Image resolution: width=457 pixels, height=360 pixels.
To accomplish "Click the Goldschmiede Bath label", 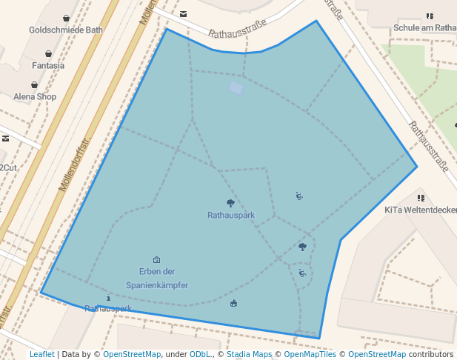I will click(65, 30).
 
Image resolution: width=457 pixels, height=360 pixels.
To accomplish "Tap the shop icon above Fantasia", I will click(48, 53).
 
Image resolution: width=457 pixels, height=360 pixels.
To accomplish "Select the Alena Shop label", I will click(35, 96).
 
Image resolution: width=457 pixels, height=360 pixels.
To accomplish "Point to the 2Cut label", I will click(7, 167).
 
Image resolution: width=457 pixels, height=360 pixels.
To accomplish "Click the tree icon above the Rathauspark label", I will click(230, 203).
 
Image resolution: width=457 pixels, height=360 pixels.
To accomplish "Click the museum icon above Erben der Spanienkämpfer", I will click(156, 259).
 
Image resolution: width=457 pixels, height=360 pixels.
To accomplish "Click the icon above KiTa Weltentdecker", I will click(421, 198).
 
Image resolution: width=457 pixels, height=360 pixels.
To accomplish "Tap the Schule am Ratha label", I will click(425, 28).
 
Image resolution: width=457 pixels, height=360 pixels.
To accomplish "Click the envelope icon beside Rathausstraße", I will click(184, 13).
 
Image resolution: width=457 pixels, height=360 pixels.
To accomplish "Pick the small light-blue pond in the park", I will click(236, 88).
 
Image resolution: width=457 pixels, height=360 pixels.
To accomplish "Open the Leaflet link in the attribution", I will click(41, 354).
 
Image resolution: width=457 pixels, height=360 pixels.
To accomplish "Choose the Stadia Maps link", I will click(249, 354).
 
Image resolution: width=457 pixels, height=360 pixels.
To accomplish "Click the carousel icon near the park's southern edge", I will click(234, 302).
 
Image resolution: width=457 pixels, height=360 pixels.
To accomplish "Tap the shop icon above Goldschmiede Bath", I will click(67, 18).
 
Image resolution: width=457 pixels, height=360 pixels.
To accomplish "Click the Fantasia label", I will click(48, 65).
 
